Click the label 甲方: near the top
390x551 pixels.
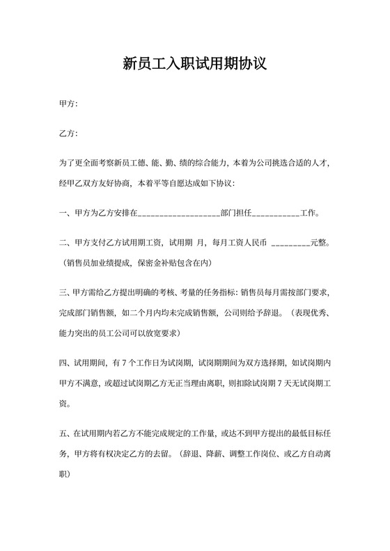pos(68,104)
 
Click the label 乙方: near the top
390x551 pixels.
pos(68,133)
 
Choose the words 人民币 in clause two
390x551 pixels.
pos(253,243)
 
